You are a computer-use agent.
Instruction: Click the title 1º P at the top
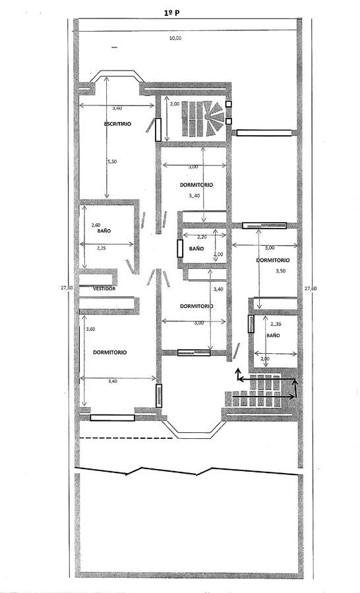click(171, 13)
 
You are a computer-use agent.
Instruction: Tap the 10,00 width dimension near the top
click(175, 38)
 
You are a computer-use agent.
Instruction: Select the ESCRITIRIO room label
click(117, 124)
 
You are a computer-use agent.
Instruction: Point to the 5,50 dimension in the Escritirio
click(113, 161)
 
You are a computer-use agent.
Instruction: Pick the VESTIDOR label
click(104, 289)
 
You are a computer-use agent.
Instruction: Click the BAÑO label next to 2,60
click(104, 231)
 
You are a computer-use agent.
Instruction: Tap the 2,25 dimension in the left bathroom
click(102, 248)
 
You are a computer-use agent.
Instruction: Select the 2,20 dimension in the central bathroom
click(202, 237)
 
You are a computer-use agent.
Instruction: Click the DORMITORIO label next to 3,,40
click(196, 185)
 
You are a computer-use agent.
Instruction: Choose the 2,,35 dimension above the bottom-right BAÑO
click(276, 324)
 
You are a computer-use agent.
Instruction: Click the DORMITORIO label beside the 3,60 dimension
click(109, 352)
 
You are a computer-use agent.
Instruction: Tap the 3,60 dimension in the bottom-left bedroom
click(90, 329)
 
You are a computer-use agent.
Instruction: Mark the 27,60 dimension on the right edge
click(311, 289)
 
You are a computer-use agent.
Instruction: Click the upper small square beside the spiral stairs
click(228, 104)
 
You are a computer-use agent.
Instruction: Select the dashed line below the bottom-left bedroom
click(126, 438)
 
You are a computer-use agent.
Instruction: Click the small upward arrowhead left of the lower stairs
click(238, 370)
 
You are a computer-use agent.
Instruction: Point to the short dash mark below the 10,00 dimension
click(115, 47)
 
